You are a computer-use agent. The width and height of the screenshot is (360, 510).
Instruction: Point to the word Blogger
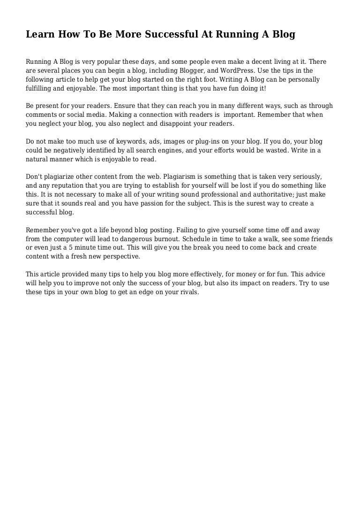(x=178, y=71)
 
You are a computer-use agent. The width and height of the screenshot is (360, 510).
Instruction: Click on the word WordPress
(x=224, y=71)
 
